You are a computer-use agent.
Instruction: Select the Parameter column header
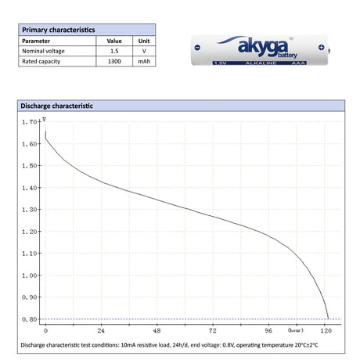click(x=36, y=41)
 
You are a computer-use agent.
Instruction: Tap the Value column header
click(x=114, y=41)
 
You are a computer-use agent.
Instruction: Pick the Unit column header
click(x=144, y=41)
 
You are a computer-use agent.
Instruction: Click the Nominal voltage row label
click(x=44, y=50)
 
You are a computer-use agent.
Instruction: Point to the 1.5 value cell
click(x=114, y=50)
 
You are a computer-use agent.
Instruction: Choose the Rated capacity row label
click(x=41, y=60)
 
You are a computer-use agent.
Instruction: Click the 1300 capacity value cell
click(x=114, y=60)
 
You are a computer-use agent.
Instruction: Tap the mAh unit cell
click(x=144, y=60)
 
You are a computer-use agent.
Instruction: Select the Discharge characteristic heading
click(x=56, y=105)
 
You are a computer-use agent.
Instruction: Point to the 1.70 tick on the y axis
click(x=30, y=122)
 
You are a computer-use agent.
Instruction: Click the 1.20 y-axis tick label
click(x=30, y=232)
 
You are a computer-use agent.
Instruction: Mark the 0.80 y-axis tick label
click(x=30, y=319)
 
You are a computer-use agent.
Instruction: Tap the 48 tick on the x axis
click(x=157, y=330)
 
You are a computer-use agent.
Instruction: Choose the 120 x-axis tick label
click(x=326, y=330)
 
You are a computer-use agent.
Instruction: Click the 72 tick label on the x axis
click(x=213, y=330)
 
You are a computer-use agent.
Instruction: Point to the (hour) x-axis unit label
click(x=295, y=330)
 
